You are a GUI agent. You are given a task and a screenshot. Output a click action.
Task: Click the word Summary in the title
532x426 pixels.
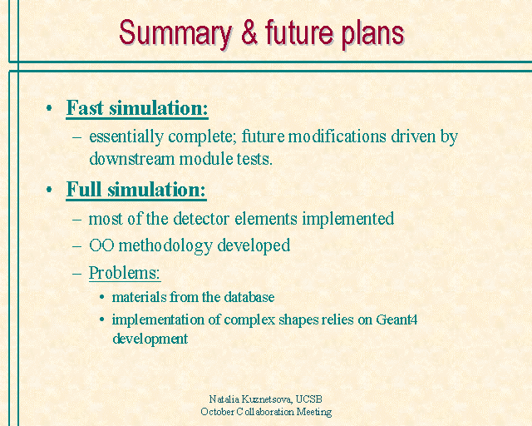[175, 33]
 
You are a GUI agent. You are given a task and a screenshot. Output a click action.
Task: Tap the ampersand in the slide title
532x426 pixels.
[249, 32]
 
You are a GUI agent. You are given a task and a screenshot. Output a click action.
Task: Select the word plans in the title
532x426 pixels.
[372, 34]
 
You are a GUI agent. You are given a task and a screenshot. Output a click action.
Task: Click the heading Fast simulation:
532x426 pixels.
[137, 108]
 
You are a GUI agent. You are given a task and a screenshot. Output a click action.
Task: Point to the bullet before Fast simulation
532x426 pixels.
[49, 108]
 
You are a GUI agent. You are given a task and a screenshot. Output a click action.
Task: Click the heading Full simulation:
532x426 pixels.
[136, 190]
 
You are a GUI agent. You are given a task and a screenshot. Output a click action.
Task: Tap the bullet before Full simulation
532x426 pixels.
[49, 190]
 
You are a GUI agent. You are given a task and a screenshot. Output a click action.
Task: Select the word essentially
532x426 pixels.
[126, 137]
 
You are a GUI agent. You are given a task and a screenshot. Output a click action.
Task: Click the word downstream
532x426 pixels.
[131, 159]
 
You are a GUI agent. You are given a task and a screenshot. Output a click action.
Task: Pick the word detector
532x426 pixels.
[201, 219]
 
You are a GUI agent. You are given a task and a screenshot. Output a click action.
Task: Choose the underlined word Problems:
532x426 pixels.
[125, 272]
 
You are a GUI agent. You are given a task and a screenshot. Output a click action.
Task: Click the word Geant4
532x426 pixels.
[397, 320]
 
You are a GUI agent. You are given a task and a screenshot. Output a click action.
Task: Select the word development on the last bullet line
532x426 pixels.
[150, 339]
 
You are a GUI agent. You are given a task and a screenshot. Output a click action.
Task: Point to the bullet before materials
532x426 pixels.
[101, 298]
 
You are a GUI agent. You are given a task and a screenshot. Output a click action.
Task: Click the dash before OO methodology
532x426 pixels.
[77, 245]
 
